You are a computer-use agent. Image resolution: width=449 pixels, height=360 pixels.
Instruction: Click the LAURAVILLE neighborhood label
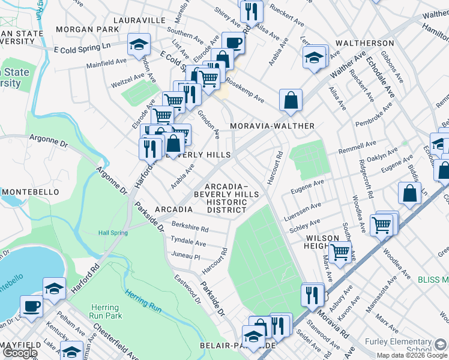(x=136, y=20)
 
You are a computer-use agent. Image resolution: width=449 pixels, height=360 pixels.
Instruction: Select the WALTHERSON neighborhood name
(x=364, y=44)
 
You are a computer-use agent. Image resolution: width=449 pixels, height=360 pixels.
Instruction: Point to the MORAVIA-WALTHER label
(x=273, y=126)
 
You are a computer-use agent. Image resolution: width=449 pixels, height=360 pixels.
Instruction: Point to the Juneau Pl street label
(x=185, y=256)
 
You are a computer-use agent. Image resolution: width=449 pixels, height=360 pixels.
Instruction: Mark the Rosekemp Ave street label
(x=244, y=91)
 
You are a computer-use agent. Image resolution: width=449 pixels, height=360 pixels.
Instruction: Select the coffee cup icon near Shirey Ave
(x=233, y=43)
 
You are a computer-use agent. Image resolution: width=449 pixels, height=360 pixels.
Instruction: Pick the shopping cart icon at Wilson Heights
(x=340, y=253)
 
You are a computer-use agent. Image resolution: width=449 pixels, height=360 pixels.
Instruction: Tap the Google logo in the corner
(x=19, y=353)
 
